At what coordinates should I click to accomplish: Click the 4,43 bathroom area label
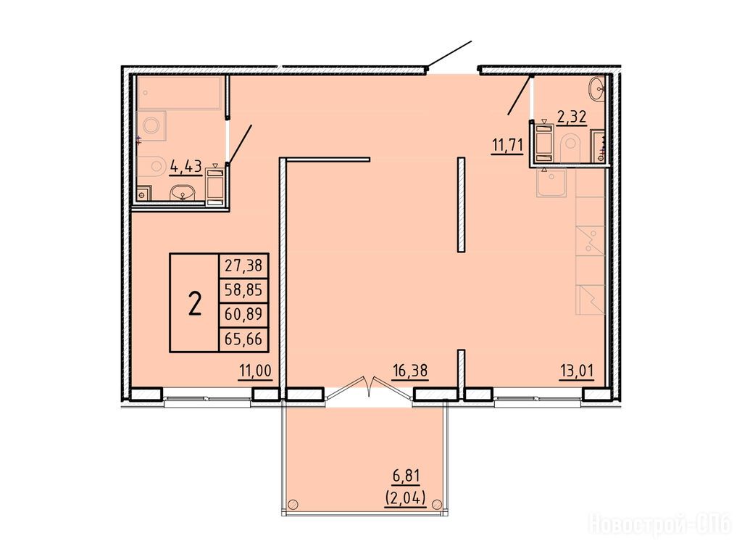pos(186,166)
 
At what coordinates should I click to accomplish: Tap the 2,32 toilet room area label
pos(572,117)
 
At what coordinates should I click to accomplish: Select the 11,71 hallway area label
pos(507,145)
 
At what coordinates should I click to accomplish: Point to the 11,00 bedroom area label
pos(256,371)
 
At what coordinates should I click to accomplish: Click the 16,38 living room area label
pos(410,371)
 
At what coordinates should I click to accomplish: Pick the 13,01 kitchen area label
pos(576,371)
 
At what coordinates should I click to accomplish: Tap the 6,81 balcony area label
pos(406,475)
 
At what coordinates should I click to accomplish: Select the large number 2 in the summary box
pos(195,304)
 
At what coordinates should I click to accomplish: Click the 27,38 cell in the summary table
pos(243,265)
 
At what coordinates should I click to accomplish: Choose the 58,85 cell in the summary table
pos(243,289)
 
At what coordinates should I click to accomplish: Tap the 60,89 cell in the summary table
pos(243,314)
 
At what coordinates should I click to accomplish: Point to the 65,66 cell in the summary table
pos(243,339)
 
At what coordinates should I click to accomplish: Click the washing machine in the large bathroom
pos(151,126)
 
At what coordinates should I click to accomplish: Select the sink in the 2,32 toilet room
pos(597,88)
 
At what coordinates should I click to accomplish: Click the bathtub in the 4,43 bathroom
pos(180,93)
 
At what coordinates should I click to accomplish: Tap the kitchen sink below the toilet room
pos(551,182)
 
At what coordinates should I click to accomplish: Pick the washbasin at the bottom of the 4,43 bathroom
pos(183,193)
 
